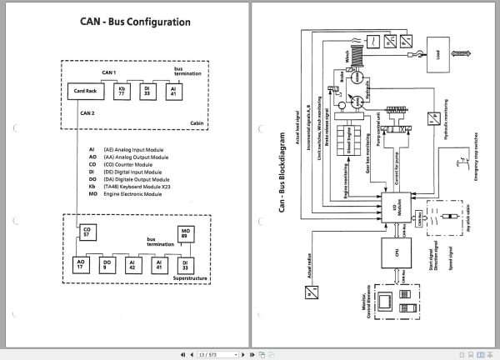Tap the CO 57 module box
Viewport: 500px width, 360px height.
coord(85,233)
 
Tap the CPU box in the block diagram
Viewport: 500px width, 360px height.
coord(386,251)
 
